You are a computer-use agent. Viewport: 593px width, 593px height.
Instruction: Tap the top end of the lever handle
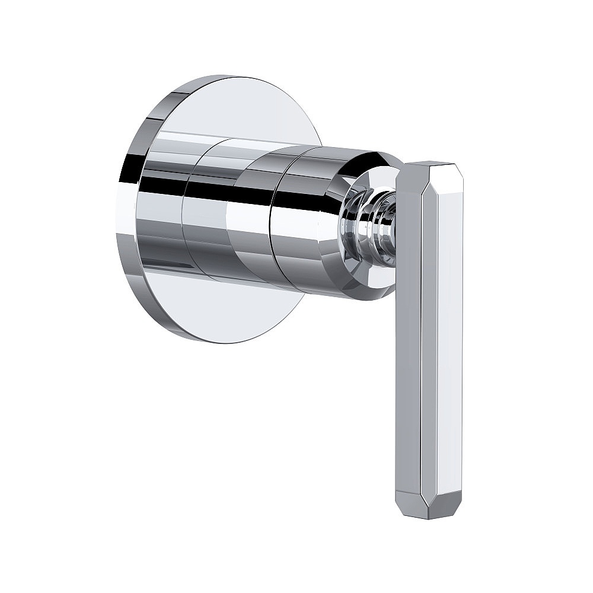[432, 164]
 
